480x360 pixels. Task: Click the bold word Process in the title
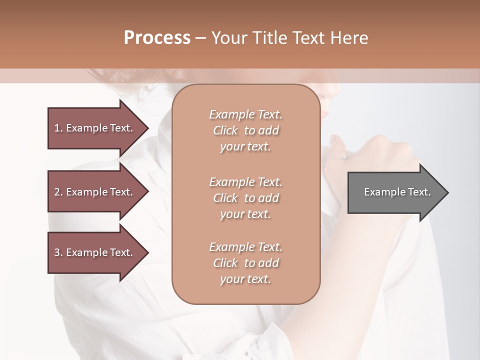point(157,38)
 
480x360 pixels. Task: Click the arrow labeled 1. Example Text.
point(95,128)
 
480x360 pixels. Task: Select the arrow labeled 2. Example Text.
point(95,192)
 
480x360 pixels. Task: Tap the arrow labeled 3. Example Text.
point(95,252)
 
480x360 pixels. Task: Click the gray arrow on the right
point(395,192)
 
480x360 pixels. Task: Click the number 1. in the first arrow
point(58,128)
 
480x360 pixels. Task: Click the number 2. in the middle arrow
point(58,192)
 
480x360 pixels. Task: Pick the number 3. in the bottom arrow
point(58,252)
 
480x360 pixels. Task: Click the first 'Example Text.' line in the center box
point(245,114)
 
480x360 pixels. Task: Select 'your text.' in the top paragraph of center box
point(245,147)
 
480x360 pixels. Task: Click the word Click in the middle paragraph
point(225,198)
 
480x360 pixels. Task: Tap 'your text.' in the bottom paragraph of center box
point(245,279)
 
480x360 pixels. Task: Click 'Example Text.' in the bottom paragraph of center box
point(245,247)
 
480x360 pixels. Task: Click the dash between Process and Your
point(201,38)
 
